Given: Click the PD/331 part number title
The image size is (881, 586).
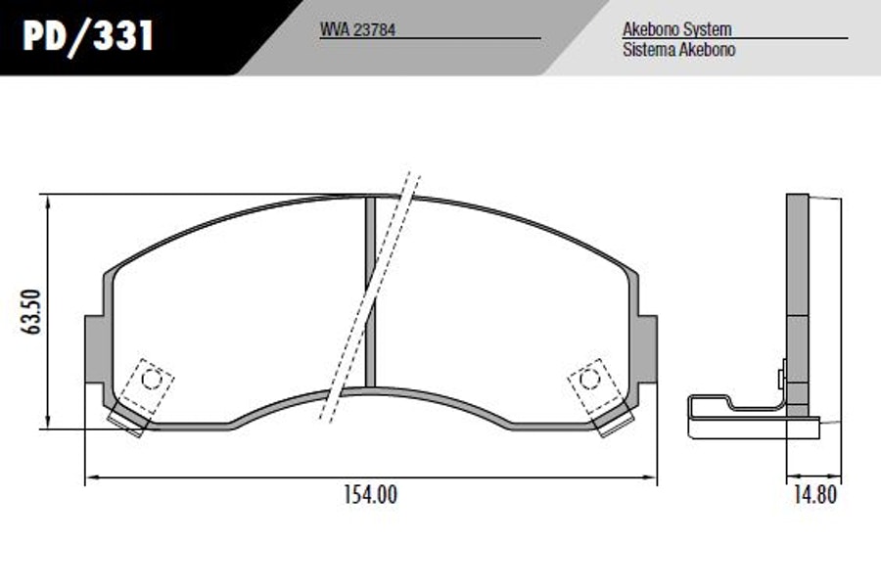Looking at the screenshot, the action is tap(88, 36).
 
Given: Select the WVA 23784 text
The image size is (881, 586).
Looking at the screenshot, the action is tap(357, 29).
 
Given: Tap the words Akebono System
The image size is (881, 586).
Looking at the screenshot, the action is tap(677, 29).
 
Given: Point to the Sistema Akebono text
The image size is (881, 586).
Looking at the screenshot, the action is tap(678, 49).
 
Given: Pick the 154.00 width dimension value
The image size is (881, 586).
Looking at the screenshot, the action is tap(370, 495).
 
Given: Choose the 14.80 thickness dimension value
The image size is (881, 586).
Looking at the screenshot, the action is tap(814, 495).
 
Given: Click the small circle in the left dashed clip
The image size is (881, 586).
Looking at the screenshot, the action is tap(151, 380).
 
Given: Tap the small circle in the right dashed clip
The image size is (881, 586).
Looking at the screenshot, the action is tap(589, 380).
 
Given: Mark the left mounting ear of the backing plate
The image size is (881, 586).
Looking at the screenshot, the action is tap(94, 349).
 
